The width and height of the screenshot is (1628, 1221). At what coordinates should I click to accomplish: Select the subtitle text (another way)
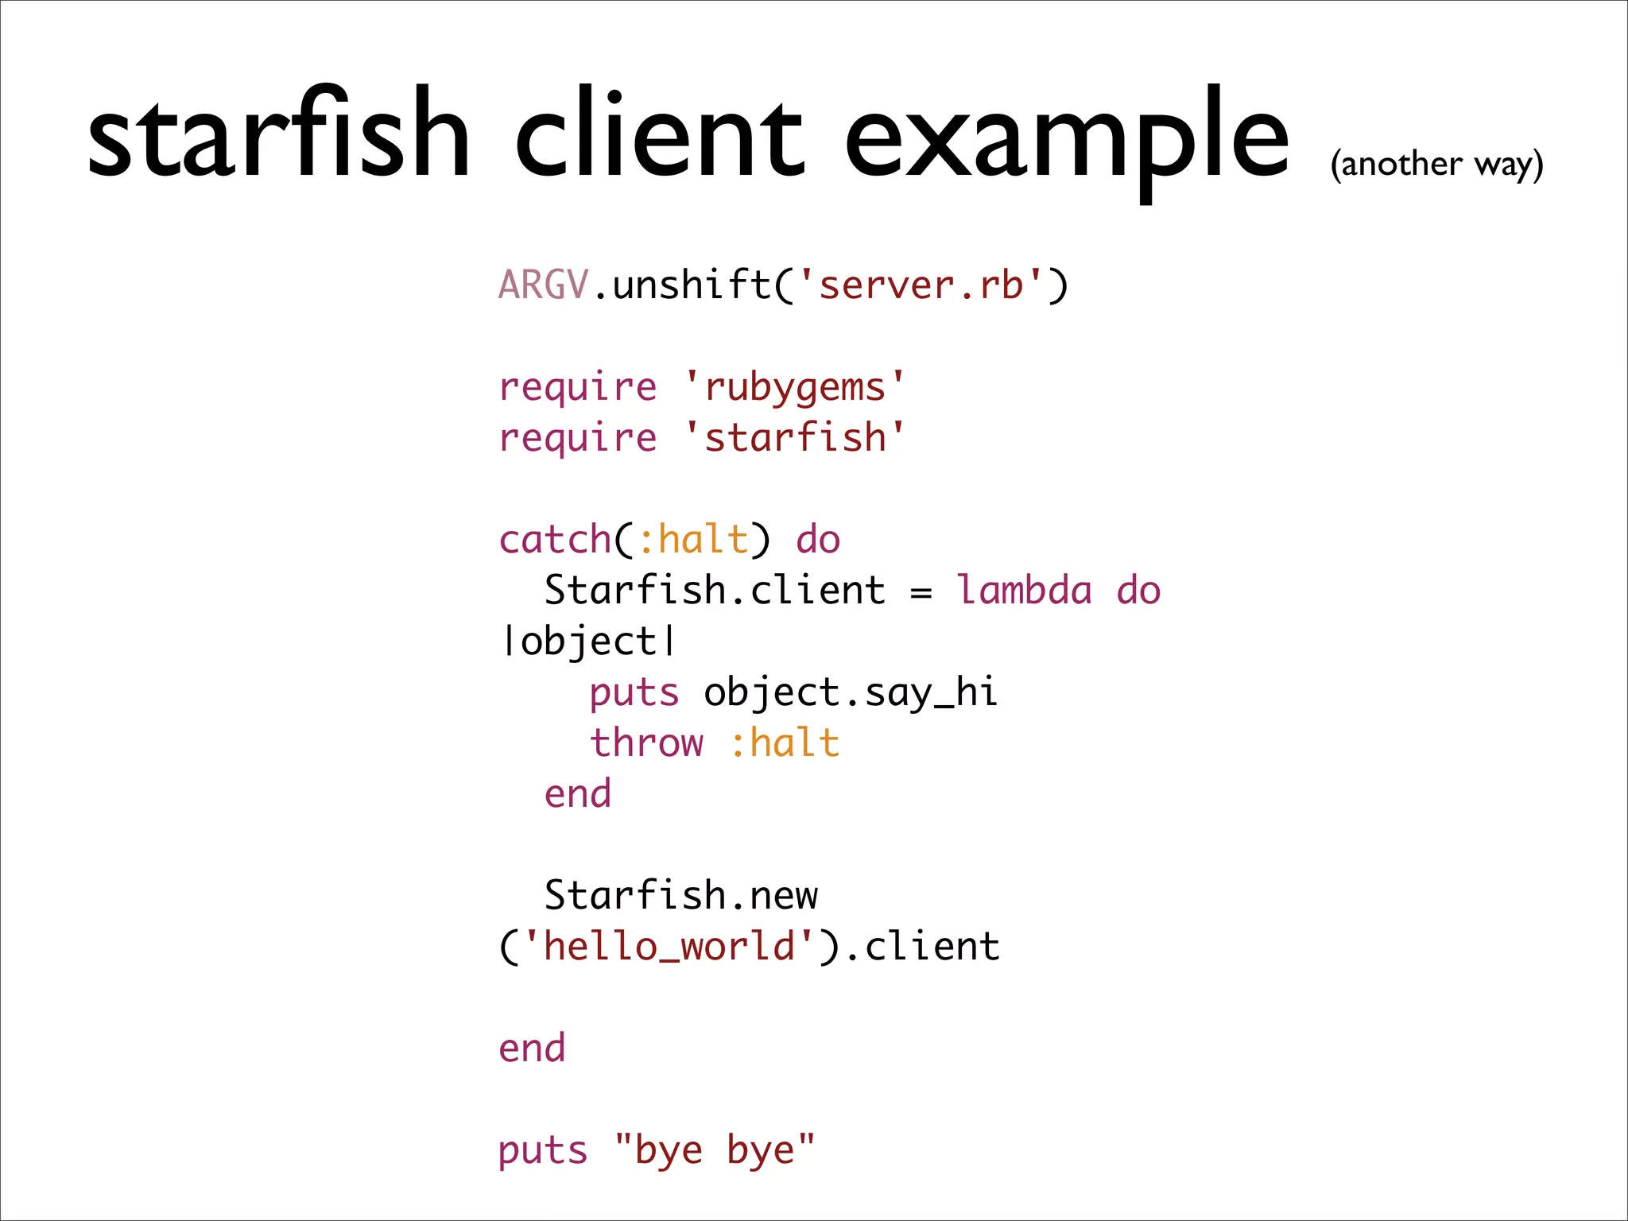[1436, 165]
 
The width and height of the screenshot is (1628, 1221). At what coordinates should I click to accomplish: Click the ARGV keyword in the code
[543, 285]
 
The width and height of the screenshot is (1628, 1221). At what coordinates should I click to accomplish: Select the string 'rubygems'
[794, 387]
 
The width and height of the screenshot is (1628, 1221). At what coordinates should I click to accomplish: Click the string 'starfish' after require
[794, 438]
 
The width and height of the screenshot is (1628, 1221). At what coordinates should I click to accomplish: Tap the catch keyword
[554, 540]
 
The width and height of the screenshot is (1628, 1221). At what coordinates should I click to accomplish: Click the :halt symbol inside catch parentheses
[692, 540]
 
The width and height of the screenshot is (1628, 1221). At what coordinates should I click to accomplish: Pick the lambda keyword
[1024, 591]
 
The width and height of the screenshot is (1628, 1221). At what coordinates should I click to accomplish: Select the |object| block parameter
[588, 642]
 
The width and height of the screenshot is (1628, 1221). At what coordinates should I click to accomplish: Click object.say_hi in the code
[850, 692]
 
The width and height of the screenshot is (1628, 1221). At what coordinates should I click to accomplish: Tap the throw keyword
[646, 743]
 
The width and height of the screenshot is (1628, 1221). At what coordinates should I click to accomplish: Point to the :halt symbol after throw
[784, 743]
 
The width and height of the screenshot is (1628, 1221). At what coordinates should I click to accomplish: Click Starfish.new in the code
[680, 896]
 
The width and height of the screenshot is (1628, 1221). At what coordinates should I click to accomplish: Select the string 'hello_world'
[669, 947]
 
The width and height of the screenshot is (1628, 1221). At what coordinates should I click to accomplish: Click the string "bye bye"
[715, 1150]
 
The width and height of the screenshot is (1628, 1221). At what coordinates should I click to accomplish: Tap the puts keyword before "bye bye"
[543, 1150]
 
